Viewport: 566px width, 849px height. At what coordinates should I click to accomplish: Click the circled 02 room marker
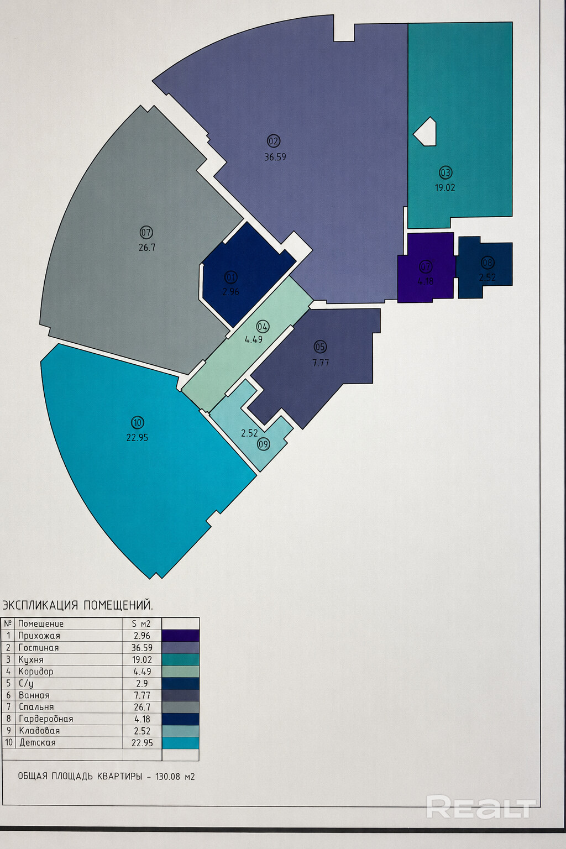(274, 141)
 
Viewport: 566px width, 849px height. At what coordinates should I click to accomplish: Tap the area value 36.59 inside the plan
(275, 157)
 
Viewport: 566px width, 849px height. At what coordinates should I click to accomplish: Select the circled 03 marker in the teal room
(446, 173)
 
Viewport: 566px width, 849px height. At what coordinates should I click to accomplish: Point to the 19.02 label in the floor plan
(445, 187)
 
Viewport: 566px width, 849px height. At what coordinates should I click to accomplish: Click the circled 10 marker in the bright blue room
(137, 422)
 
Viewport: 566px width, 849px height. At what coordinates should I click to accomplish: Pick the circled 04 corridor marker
(263, 326)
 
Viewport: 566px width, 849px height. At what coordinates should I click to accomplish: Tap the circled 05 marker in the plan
(321, 347)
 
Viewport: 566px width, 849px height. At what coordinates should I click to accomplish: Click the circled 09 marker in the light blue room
(264, 444)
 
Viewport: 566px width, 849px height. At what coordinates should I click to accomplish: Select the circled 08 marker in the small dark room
(487, 263)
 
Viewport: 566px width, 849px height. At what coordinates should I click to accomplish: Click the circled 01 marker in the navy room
(231, 277)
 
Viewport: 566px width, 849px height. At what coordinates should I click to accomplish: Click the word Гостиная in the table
(39, 648)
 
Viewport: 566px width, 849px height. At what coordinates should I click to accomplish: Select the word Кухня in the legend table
(31, 660)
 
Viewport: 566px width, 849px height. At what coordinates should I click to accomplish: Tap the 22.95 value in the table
(142, 742)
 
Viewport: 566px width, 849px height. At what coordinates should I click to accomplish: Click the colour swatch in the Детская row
(180, 742)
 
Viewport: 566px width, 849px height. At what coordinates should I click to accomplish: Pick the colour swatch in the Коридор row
(180, 672)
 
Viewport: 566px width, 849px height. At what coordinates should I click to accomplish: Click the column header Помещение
(40, 624)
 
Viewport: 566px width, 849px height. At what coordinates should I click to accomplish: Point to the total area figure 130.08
(167, 777)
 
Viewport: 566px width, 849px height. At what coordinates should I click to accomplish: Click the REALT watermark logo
(481, 807)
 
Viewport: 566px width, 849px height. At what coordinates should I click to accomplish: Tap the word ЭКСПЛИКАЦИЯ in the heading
(40, 605)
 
